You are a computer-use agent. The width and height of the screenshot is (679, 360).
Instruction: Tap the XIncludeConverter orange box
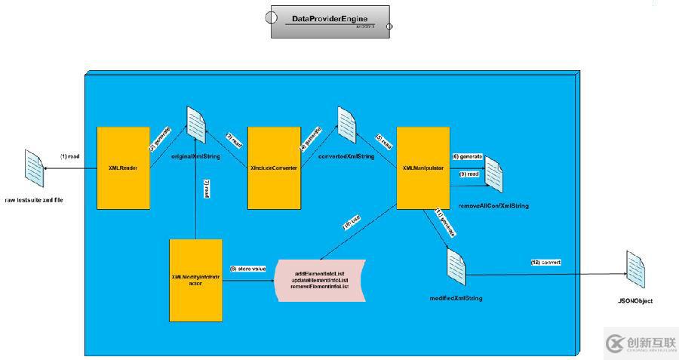click(275, 168)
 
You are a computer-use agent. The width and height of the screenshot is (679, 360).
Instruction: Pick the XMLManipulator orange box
click(423, 168)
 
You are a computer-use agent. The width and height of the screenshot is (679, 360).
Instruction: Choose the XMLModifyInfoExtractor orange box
click(196, 279)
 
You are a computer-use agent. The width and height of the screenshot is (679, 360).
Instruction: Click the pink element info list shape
click(320, 281)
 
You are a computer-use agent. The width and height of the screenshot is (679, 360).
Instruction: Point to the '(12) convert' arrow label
click(545, 262)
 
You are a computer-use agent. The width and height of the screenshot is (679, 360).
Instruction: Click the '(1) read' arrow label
click(70, 156)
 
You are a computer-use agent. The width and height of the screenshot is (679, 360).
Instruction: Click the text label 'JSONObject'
click(633, 301)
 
